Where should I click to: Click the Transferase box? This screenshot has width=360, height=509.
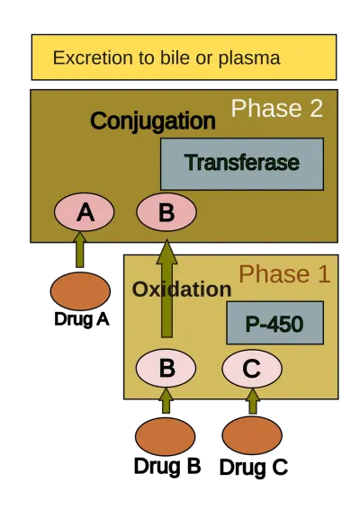242,164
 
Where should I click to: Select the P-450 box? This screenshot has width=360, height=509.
274,323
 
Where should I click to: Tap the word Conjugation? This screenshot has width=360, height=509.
153,121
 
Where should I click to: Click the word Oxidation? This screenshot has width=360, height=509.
182,290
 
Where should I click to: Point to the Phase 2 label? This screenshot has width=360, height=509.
277,108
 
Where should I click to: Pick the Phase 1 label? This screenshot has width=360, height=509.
284,274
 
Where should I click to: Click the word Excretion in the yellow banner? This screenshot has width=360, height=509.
93,58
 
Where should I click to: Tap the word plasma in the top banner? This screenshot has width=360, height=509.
249,58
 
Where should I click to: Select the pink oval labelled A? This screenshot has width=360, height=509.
85,212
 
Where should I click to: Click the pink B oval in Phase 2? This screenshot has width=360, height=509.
166,212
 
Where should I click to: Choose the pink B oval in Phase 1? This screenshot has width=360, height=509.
166,368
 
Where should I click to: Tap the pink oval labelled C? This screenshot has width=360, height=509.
252,368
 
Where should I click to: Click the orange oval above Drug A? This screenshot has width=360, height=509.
80,291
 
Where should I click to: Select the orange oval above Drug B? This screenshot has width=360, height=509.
166,437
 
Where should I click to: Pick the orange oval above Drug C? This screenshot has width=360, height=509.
252,435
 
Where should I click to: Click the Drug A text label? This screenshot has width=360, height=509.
82,319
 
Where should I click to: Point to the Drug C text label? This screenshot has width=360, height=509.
254,468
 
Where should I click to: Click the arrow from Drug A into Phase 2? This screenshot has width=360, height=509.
79,249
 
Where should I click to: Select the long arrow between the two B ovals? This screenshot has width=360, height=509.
166,289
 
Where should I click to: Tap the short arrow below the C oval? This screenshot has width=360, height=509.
253,401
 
